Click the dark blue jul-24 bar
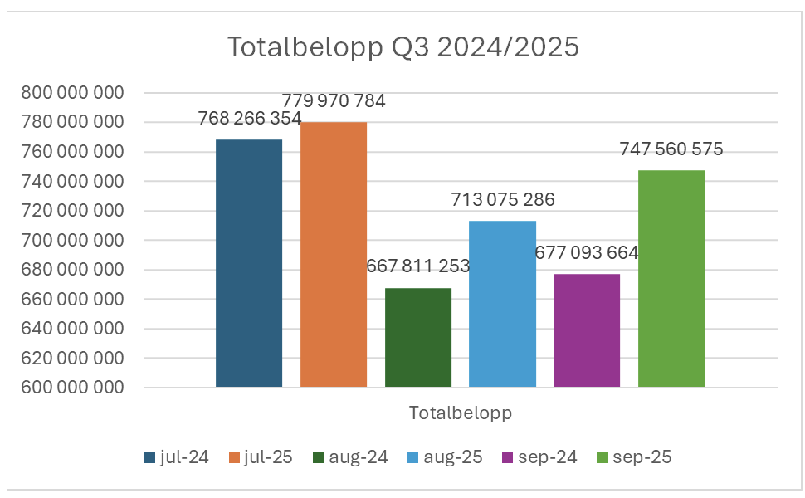coord(249,263)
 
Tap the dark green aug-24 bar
coord(418,337)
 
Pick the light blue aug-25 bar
coord(502,304)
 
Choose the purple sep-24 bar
coord(587,330)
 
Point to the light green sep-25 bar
coord(671,279)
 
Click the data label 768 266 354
coord(250,119)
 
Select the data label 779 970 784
coord(334,101)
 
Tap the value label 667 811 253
coord(418,266)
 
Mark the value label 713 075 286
coord(503,199)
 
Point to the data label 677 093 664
coord(587,252)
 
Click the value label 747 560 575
coord(671,149)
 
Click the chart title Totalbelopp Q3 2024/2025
coord(403,47)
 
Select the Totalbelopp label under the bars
coord(460,413)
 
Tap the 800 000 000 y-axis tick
coord(72,93)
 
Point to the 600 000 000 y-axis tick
coord(72,388)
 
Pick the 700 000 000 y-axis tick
coord(72,241)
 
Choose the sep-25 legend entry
coord(635,457)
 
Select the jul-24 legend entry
coord(177,457)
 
